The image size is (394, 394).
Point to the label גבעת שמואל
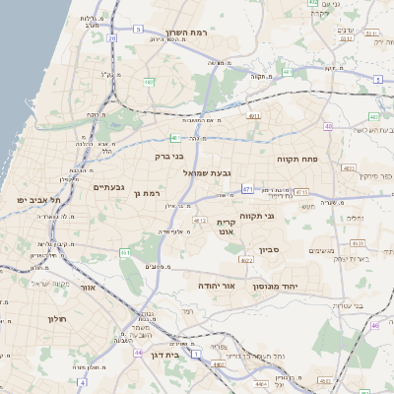click(207, 172)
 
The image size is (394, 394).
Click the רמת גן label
click(145, 194)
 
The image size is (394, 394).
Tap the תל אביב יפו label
click(38, 200)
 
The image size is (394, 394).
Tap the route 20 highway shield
click(112, 39)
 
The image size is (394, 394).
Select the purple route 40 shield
click(328, 126)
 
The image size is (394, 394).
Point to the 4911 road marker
click(254, 116)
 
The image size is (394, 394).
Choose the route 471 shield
click(246, 188)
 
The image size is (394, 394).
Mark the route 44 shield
click(138, 352)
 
